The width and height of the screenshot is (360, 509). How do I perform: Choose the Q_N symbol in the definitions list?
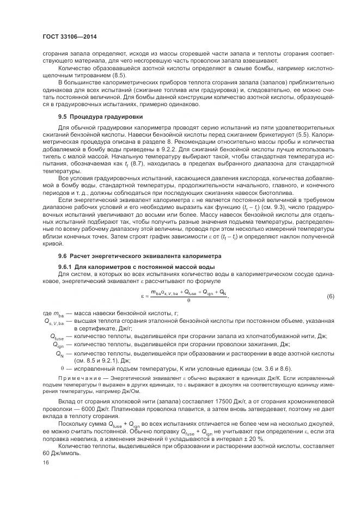coord(59,354)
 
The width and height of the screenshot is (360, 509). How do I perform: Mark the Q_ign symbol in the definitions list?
coord(58,345)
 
